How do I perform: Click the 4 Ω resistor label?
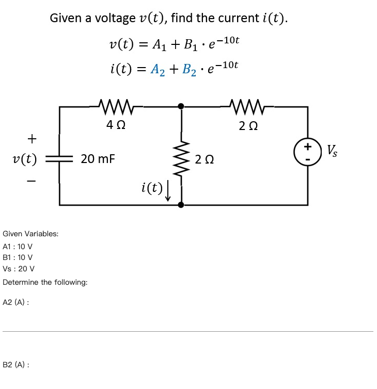point(116,125)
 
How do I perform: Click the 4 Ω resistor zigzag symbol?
point(116,107)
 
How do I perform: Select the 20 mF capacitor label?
point(98,159)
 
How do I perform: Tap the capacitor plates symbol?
point(60,159)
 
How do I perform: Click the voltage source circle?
point(308,153)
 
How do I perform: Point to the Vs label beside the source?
point(333,151)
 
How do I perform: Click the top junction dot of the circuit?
point(181,107)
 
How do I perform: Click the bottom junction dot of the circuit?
point(181,205)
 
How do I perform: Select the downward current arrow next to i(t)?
point(168,191)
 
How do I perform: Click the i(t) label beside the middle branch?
point(150,188)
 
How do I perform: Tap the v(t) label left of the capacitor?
point(25,159)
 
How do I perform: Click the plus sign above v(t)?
point(32,139)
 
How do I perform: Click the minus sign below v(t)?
point(32,181)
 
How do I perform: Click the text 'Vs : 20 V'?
point(19,269)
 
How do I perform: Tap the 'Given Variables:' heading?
point(30,234)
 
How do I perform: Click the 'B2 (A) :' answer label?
point(15,364)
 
